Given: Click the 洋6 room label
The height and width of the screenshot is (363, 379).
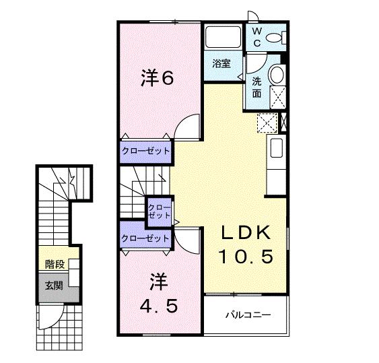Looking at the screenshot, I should pos(158,78).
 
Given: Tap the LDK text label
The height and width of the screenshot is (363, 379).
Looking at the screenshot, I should pos(246,233).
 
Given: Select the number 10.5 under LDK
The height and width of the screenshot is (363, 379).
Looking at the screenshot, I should pos(247,257).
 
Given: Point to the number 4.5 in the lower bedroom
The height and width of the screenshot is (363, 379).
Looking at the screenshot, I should pos(159,306).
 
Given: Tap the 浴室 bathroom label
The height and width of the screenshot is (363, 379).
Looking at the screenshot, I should pos(221,65).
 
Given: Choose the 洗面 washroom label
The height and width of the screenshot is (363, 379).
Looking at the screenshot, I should pos(257,88).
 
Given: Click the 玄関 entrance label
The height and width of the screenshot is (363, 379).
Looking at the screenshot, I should pos(54,285).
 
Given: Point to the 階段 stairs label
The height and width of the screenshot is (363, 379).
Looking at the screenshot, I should pos(54,263).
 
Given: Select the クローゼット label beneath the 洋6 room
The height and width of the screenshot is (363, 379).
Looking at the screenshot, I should pos(145,151).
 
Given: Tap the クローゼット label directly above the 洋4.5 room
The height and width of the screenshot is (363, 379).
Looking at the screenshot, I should pos(145,238).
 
